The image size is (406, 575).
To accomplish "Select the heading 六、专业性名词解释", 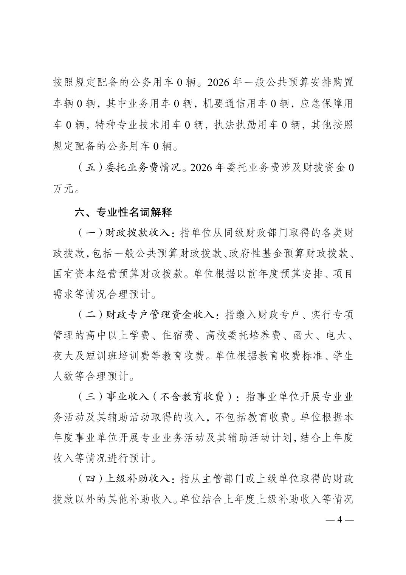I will pyautogui.click(x=123, y=212).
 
